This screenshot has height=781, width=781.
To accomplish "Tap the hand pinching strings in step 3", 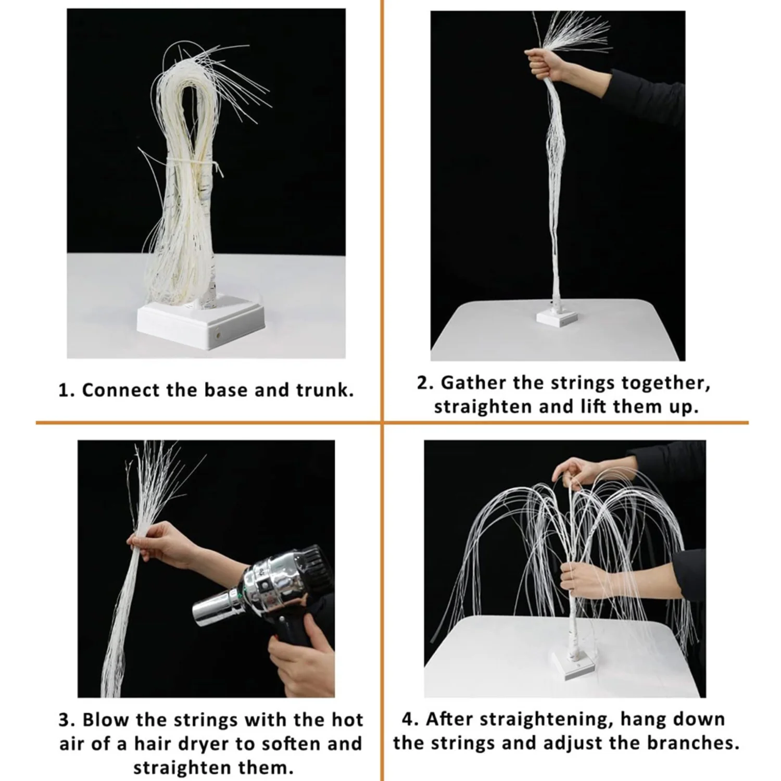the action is point(151,539).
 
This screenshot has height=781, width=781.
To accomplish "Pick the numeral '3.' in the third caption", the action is point(67,720).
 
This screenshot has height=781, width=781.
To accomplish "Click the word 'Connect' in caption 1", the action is point(121,391).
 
